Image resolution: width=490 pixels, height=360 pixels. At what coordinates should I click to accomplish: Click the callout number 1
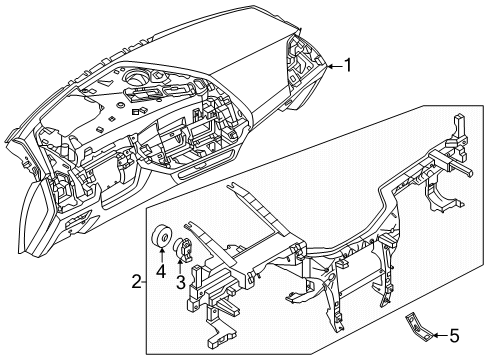pos(348,65)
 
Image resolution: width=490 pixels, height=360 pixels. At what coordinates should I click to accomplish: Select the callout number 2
pos(136,282)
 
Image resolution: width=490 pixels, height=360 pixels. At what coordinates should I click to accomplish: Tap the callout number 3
pos(180,282)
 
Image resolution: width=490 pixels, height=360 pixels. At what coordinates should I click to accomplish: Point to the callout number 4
pos(161,272)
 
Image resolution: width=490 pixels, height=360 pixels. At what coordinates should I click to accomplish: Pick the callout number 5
pos(455,336)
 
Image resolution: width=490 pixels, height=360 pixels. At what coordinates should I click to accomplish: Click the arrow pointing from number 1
pos(335,66)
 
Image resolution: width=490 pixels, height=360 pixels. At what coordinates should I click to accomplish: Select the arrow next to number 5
pos(440,336)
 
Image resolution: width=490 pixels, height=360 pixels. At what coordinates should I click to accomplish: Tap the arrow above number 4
pos(161,256)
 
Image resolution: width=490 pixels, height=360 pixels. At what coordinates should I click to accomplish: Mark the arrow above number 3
pos(180,266)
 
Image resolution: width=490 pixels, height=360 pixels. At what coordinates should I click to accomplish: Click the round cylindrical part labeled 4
pos(161,236)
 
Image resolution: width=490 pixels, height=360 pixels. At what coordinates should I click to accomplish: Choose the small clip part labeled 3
pos(184,247)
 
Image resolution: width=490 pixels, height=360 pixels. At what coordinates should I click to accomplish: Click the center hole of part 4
pos(164,237)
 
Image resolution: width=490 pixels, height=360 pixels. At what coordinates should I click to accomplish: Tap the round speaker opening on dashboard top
pos(135,76)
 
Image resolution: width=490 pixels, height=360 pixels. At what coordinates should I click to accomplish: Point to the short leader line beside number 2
pos(143,282)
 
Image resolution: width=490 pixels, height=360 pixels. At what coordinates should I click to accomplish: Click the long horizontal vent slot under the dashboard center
pos(207,165)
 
